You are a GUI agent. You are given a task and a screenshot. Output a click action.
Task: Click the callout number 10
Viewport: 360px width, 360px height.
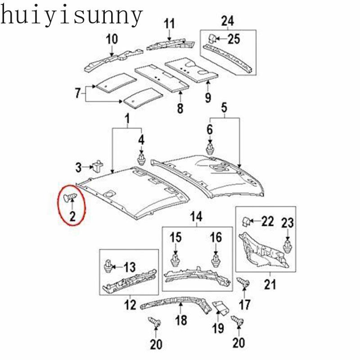coord(112,39)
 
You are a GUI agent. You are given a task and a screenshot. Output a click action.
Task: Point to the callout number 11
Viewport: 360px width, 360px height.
coord(169,23)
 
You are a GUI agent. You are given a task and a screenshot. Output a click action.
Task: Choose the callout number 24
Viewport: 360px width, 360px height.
coord(228,20)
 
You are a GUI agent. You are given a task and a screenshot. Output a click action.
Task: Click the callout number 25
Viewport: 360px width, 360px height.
coord(234,39)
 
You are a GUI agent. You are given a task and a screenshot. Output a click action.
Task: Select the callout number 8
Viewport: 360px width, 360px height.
coord(180,108)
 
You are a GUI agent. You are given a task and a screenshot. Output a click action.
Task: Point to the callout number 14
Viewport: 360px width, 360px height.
coord(196,217)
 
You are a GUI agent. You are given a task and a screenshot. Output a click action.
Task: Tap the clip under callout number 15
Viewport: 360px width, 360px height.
coord(175,260)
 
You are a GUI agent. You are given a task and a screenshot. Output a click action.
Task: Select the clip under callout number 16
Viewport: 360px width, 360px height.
coord(216,260)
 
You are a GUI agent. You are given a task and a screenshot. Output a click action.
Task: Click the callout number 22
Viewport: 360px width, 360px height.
coord(267,221)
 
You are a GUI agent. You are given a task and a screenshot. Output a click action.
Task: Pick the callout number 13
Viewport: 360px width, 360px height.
coord(129,268)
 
